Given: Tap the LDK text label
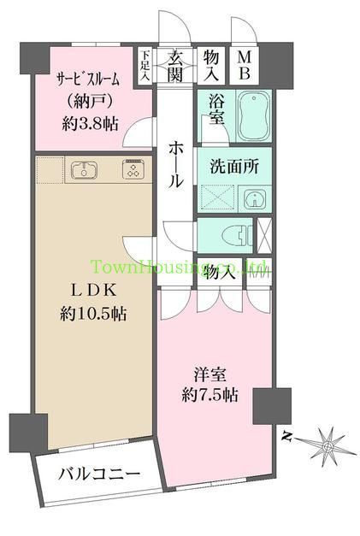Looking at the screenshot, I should coord(94,291).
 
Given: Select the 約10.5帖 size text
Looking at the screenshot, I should coord(94,314).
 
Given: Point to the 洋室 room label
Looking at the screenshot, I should coord(210,374).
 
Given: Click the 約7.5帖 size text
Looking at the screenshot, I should coord(210,396).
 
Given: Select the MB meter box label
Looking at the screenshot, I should coord(244,63).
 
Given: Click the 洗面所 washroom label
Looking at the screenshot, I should coord(233,167).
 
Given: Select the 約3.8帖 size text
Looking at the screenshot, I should coord(88,123).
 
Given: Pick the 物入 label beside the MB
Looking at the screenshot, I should coord(211,63).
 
